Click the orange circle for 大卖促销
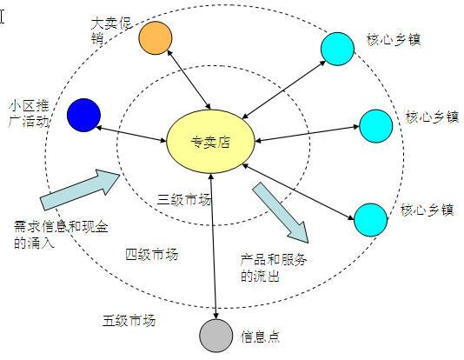(156, 38)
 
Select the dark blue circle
(83, 115)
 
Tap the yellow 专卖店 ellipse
(210, 142)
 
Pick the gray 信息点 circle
(216, 336)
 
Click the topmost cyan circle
(338, 49)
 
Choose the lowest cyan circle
(371, 220)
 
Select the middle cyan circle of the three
(376, 126)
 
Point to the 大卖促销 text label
(111, 30)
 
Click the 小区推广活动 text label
(29, 114)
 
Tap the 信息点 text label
(260, 337)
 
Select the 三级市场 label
(184, 200)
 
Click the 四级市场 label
(152, 255)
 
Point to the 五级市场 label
(129, 321)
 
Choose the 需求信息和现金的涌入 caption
(61, 235)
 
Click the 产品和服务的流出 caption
(273, 267)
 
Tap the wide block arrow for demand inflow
(80, 190)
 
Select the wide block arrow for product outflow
(281, 212)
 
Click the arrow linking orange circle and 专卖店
(189, 80)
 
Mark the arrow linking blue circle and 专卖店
(131, 135)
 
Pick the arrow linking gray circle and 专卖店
(214, 246)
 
